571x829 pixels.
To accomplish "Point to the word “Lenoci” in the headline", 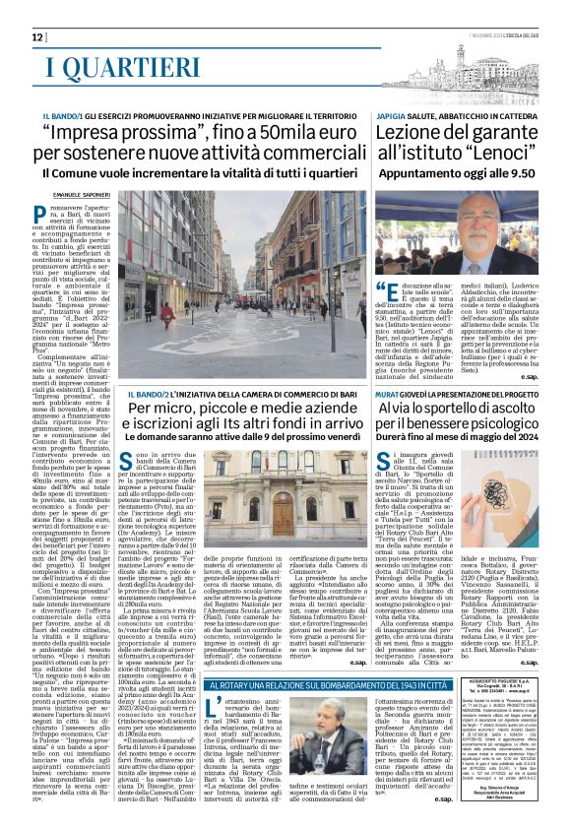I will tap(491, 156).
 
